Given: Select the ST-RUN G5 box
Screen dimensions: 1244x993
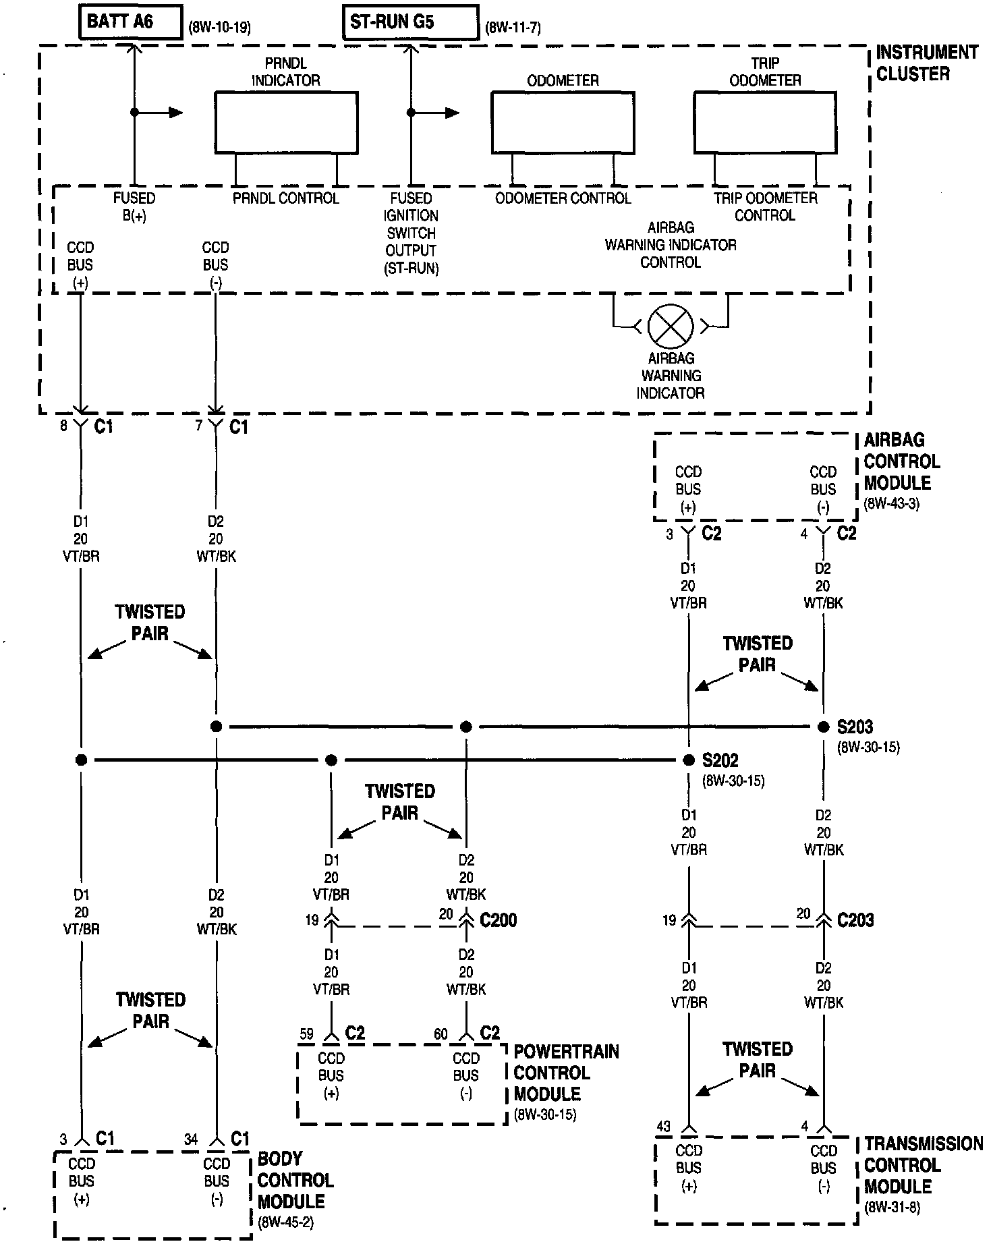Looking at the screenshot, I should pos(410,22).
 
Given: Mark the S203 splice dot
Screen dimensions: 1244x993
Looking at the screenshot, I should pos(823,727).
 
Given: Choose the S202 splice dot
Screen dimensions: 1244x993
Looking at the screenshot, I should pos(689,760).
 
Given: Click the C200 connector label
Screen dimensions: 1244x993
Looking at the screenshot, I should pos(499,920).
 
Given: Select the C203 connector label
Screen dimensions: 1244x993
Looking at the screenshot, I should pos(855,920).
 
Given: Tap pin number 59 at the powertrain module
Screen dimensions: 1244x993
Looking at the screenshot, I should pos(307,1034).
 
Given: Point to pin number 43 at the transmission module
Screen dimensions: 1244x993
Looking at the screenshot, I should pos(664,1126).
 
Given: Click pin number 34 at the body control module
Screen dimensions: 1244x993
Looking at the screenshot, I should pos(191,1139).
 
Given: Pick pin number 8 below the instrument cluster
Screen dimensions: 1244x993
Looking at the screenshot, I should pos(63,426).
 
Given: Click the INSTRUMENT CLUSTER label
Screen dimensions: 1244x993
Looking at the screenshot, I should pos(926,63).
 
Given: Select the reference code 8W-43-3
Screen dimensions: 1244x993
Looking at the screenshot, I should pos(891,504).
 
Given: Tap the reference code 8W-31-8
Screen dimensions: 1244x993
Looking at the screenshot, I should pos(892,1207).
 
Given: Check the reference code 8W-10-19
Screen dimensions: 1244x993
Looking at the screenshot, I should pos(220,28).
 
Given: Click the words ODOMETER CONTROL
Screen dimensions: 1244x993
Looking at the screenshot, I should pos(563,198).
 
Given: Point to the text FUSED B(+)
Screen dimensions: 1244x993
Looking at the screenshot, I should pos(134,206).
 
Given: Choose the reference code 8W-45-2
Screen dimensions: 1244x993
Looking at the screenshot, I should pos(285,1222).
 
